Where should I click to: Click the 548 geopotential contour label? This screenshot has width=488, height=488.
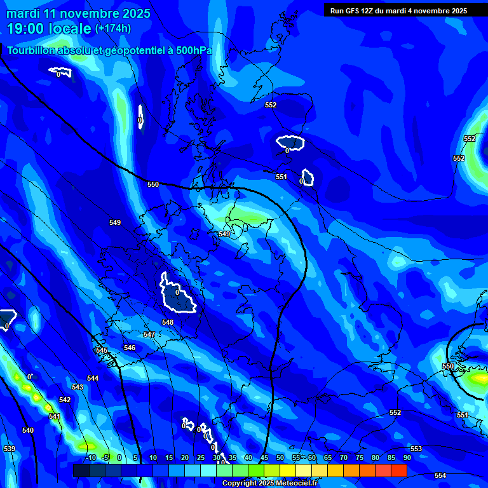point(168,322)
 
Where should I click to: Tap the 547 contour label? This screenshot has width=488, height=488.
point(149,334)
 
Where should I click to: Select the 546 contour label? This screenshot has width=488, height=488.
point(130,348)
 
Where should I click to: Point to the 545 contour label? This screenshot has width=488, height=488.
point(102,350)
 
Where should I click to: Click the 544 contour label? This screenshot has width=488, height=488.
point(93,378)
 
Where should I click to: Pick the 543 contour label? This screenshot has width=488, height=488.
point(78,387)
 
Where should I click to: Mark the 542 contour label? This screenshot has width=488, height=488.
point(65,400)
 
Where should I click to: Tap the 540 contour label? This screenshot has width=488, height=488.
point(28,430)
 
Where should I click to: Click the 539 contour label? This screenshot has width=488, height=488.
point(10,449)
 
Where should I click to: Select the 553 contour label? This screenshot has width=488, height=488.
point(416,449)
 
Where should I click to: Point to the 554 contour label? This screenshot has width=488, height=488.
point(440,475)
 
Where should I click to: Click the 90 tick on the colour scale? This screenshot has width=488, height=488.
point(407,457)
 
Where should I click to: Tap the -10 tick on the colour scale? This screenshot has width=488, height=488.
point(91,457)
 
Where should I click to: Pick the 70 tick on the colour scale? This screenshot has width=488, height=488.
point(344,457)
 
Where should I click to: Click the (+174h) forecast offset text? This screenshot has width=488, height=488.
point(113,28)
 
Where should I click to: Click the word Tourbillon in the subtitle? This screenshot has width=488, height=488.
point(32,50)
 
